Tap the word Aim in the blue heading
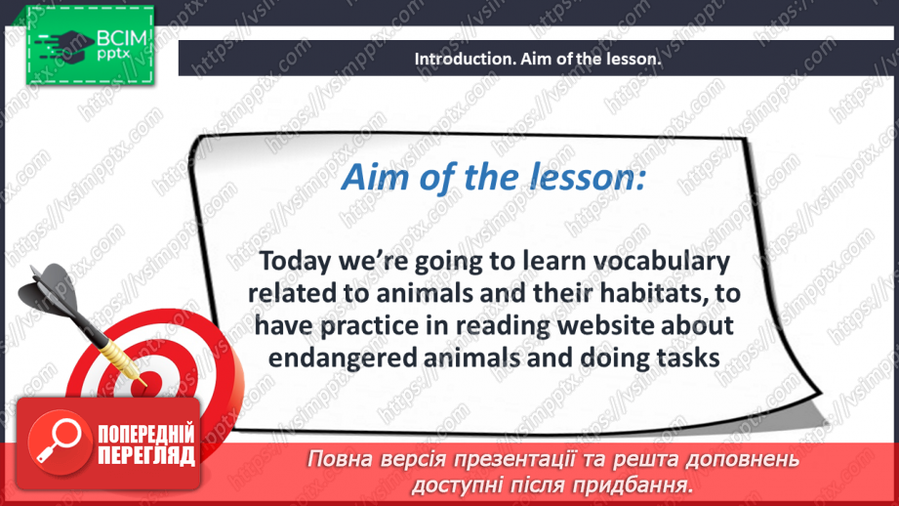tap(366, 179)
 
